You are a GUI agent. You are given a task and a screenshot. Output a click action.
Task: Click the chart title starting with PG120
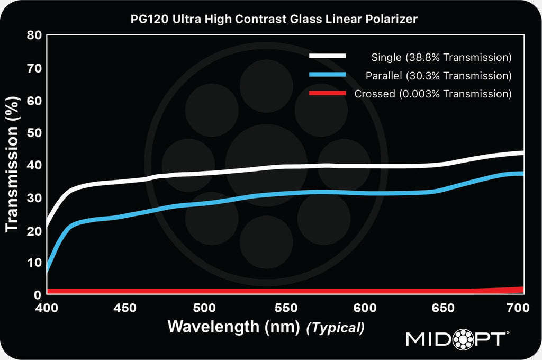pos(274,20)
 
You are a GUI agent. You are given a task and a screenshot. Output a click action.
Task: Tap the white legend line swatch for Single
pos(328,56)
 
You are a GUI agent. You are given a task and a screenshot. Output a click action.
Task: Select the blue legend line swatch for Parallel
pos(328,75)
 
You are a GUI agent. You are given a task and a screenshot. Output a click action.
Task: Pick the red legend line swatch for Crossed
pos(328,93)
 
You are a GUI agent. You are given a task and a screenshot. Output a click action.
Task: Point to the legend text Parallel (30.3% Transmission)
pos(438,76)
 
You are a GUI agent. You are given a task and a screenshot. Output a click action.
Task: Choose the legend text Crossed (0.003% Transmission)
pos(433,94)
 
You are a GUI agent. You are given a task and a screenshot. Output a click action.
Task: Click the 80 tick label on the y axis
pos(33,36)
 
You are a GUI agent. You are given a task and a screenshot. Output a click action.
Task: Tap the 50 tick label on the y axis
pos(33,133)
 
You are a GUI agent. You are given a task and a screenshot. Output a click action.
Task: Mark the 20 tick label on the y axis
pos(33,230)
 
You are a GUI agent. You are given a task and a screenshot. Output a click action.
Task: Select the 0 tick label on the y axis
pos(37,295)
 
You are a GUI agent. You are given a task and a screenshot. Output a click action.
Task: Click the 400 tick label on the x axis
pos(48,308)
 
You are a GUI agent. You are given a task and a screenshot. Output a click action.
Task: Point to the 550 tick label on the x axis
pos(286,308)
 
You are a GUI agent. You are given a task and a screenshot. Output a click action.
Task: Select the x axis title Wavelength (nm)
pos(234,327)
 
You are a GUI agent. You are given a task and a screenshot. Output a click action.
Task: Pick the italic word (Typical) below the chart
pos(336,328)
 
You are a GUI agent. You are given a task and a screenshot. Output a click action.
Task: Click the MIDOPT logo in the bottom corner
pos(458,339)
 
